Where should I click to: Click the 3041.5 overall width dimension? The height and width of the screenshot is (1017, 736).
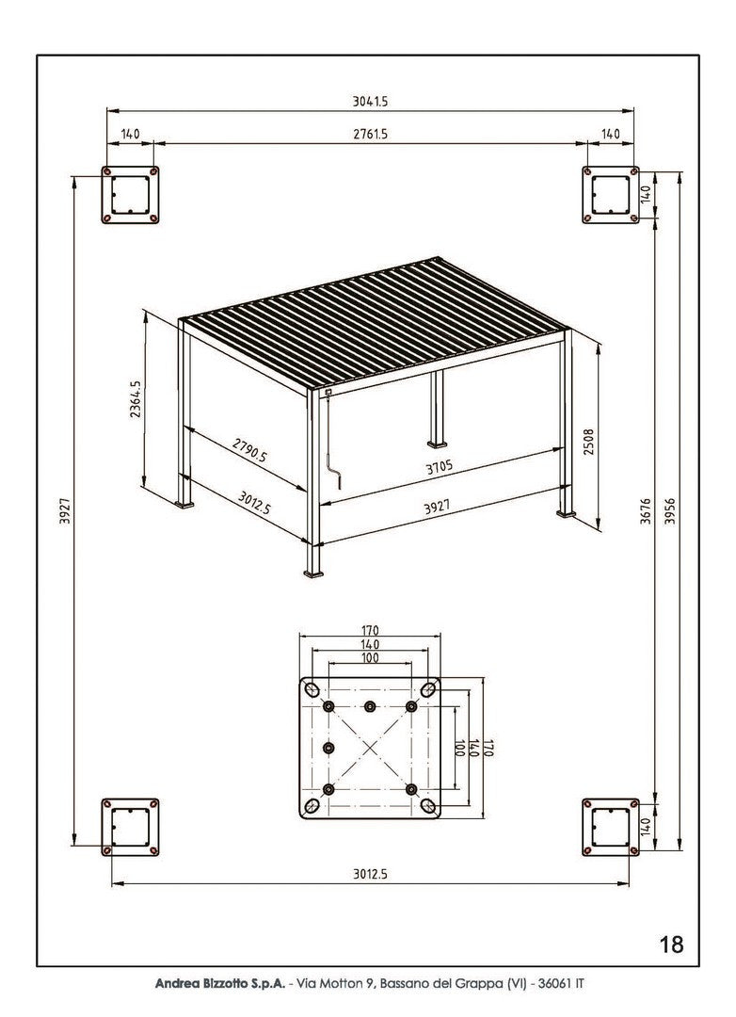370,101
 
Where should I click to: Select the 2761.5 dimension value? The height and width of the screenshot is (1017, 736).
370,135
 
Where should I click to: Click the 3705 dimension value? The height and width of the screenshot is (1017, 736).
440,467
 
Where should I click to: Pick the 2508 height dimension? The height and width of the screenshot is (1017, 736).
589,442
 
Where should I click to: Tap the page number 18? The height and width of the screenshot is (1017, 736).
671,944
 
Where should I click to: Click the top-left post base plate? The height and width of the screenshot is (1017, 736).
131,196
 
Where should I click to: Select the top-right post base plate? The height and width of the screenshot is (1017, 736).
610,196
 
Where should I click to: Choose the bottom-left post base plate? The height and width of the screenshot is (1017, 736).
131,828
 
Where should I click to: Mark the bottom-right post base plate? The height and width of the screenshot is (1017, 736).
610,828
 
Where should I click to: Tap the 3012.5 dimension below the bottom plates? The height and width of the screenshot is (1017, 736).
370,874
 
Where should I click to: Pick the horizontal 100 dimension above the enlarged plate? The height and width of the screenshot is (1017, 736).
370,658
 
